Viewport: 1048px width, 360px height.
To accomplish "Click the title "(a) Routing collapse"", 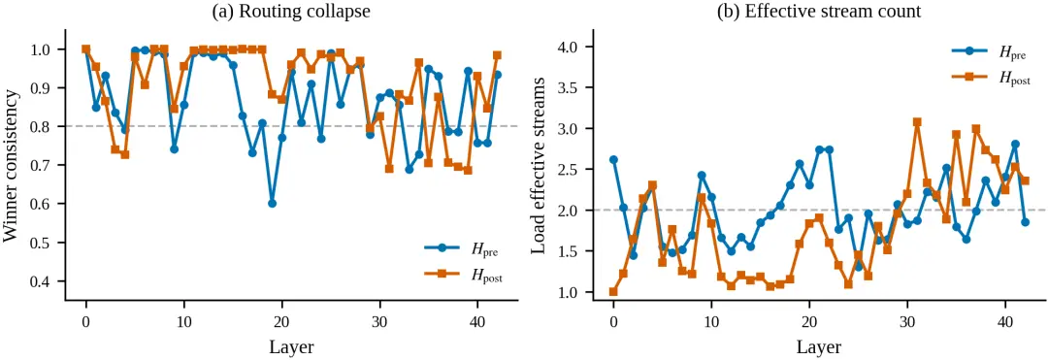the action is [291, 12].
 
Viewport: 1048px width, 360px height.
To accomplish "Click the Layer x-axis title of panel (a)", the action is [291, 346].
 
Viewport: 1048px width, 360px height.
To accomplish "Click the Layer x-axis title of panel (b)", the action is [820, 346].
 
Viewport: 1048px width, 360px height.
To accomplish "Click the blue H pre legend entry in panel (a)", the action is [463, 249].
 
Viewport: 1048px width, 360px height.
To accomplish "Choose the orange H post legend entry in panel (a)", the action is [463, 275].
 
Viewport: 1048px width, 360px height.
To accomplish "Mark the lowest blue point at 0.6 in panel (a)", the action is [272, 203].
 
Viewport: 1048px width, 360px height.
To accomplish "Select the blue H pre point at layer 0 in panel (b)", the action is [613, 160].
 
